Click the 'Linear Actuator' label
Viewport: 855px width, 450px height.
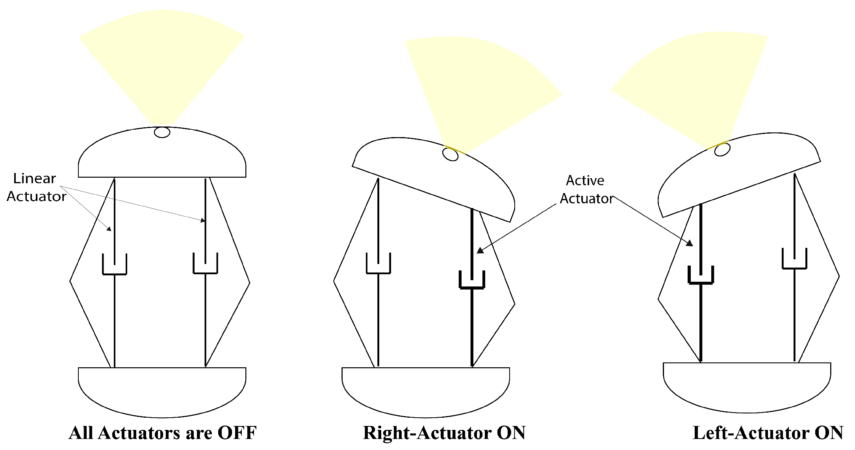coord(36,188)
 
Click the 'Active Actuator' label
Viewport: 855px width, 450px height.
coord(586,190)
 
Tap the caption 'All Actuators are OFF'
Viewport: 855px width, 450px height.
coord(162,433)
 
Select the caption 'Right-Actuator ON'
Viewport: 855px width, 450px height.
coord(444,433)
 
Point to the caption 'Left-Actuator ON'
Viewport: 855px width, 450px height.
coord(768,433)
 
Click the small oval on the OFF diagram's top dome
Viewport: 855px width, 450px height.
coord(162,132)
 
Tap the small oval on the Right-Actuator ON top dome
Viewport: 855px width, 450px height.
coord(451,155)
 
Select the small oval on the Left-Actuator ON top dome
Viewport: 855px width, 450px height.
coord(722,150)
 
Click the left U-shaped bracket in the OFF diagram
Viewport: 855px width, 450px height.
coord(115,266)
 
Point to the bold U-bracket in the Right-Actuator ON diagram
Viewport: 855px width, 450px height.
coord(472,281)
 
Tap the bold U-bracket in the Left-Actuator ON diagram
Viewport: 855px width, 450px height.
coord(701,276)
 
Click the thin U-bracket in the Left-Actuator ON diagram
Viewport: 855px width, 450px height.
coord(794,260)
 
